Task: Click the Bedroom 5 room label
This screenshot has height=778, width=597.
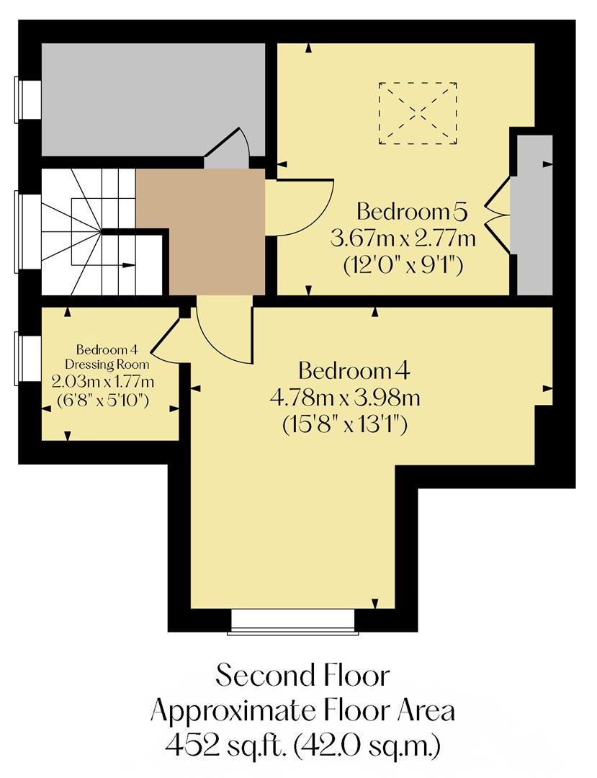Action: (413, 213)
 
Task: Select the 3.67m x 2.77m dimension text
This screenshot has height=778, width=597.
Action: (403, 238)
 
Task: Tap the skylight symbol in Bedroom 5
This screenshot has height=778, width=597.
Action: (418, 113)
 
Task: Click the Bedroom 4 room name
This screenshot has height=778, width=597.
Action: (354, 372)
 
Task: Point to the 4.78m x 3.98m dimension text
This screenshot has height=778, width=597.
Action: (345, 398)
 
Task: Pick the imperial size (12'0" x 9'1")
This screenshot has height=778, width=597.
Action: (403, 265)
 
